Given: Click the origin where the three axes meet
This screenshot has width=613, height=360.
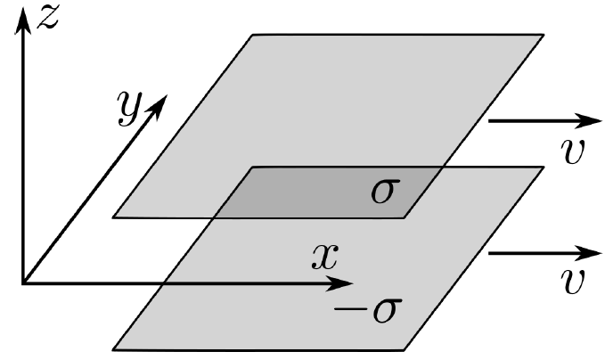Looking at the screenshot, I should (24, 283).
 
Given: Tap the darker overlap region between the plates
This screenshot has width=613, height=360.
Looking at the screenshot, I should (321, 192).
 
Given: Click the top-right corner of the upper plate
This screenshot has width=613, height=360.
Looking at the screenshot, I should (543, 35).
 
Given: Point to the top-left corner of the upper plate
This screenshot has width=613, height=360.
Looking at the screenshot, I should (255, 35).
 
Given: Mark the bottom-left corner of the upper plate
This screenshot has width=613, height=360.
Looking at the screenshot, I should (113, 217).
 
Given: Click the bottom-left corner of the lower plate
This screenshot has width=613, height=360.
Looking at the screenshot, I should (113, 349).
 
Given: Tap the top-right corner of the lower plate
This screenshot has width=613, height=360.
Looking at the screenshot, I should (543, 168).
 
